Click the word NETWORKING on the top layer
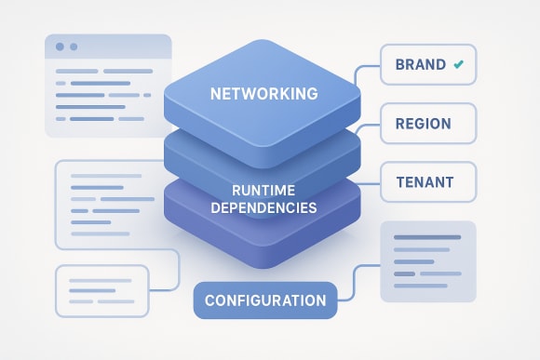(x=264, y=94)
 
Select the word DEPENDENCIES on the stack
(x=263, y=207)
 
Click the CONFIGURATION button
(x=264, y=300)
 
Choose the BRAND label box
(x=428, y=65)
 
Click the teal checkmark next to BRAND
(x=457, y=65)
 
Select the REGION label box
(x=428, y=123)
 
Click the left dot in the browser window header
(x=61, y=47)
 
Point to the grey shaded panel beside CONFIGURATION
(x=427, y=261)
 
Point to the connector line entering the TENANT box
(x=370, y=178)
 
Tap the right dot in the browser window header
(x=74, y=47)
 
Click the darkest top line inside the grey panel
(x=427, y=236)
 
